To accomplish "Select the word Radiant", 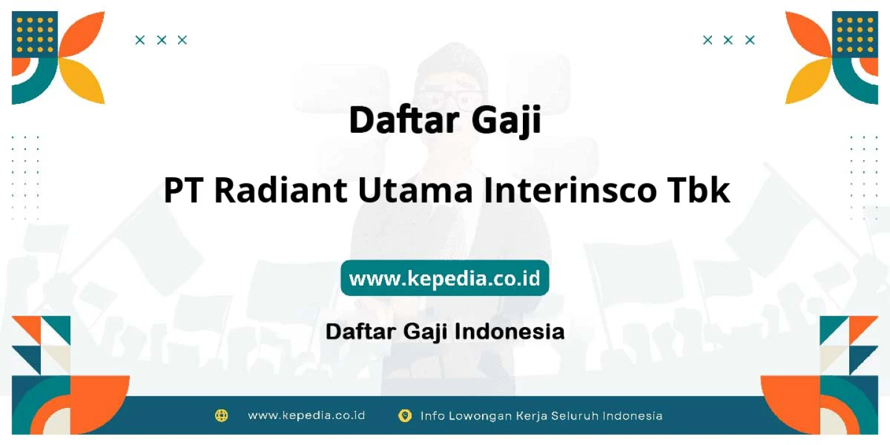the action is point(281,190).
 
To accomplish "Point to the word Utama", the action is point(415,190).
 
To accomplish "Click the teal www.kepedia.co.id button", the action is point(444,278).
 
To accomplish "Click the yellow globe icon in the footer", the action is point(221,415).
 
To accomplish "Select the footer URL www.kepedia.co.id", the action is point(307,415).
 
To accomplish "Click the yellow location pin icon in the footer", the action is point(405,415).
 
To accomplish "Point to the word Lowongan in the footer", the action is point(480,416).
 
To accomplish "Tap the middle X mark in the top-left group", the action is point(161,40).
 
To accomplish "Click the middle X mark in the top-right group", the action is point(728,40).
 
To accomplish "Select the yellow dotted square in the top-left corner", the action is point(35,35).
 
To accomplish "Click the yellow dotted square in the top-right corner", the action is point(855,35).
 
